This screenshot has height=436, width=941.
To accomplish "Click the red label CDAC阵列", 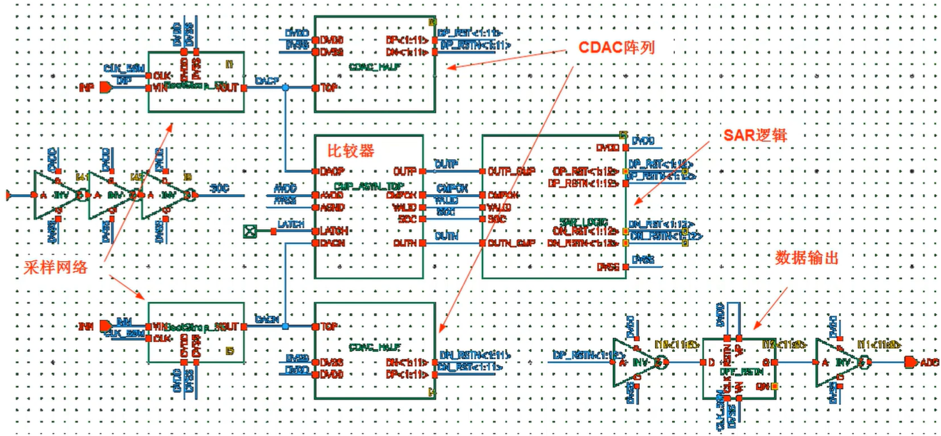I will click(618, 48).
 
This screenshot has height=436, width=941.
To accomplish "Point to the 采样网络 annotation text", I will click(63, 268).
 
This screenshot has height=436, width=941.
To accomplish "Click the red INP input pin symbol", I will click(105, 88).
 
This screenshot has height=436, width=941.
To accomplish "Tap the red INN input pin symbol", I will click(106, 326).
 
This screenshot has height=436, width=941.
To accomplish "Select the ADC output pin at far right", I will click(910, 363).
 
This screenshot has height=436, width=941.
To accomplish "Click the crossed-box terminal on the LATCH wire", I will click(249, 230).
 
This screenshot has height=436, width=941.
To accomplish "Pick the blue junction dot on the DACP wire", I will click(285, 88).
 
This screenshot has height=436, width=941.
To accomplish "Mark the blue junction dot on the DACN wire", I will click(285, 326).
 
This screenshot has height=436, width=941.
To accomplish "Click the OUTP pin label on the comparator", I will click(404, 171).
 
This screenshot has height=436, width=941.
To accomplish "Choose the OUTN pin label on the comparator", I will click(404, 243).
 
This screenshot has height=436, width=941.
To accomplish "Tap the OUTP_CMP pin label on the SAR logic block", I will click(511, 171).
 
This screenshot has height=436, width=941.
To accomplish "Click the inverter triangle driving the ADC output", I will click(838, 363).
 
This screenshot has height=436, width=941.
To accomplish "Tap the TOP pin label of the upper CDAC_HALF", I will click(329, 88).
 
